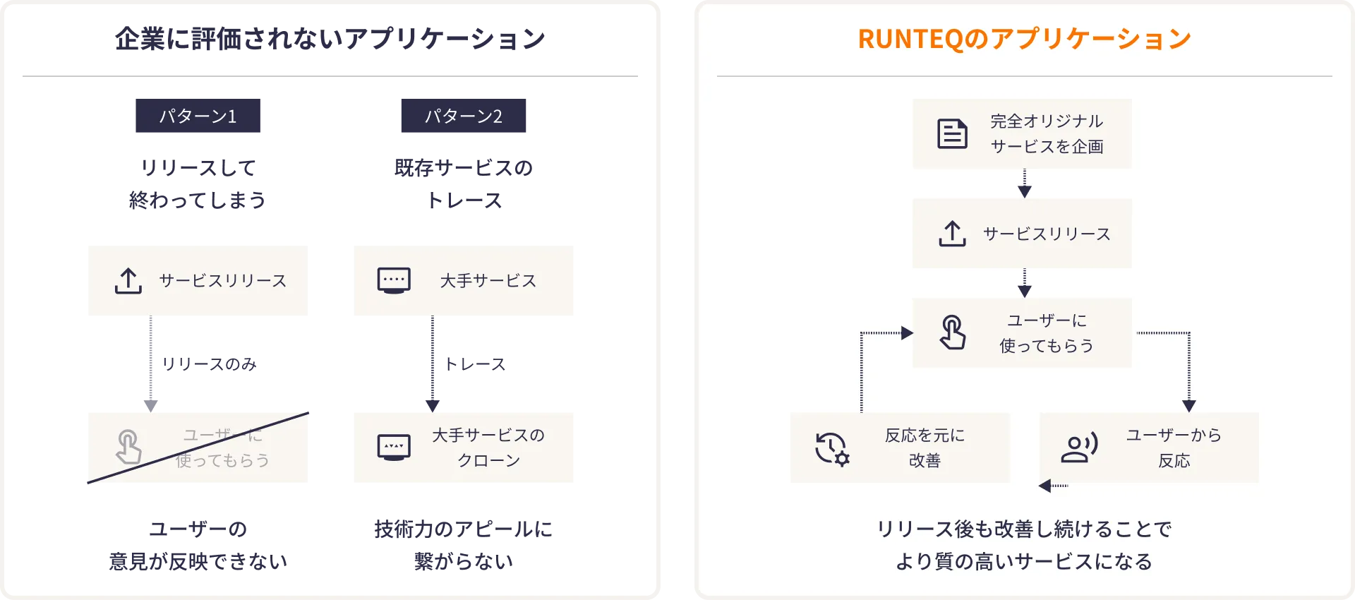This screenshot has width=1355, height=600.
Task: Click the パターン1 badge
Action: pos(200,116)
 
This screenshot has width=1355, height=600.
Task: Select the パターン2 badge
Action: pos(465,116)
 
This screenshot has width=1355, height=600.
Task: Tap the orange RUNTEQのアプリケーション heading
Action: pos(1024,39)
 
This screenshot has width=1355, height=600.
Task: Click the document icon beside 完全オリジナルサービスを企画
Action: pos(952,133)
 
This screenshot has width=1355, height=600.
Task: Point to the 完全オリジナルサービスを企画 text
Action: pos(1047,133)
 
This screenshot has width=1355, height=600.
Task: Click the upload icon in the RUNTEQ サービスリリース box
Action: pos(952,234)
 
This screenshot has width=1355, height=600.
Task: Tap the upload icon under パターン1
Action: pos(128,280)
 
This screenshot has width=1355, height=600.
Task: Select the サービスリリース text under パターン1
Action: pos(223,280)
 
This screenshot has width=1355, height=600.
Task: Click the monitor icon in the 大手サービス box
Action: pos(394,280)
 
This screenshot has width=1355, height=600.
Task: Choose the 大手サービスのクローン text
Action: pos(488,448)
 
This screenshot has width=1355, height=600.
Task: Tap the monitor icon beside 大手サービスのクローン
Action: pos(394,448)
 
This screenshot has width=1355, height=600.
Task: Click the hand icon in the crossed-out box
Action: pos(128,446)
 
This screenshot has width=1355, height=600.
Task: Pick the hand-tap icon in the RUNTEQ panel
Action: pos(953,332)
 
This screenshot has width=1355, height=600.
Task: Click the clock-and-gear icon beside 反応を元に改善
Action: pos(832,448)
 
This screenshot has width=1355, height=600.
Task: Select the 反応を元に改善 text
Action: pos(925,448)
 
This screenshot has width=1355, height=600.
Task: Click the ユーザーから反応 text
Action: pos(1174,448)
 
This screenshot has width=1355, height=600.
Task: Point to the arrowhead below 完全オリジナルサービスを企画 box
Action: pos(1025,191)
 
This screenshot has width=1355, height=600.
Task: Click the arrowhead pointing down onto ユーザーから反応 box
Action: pos(1189,406)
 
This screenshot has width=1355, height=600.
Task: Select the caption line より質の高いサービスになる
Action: pos(1024,561)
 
